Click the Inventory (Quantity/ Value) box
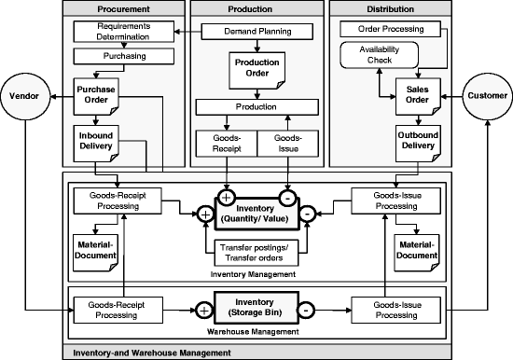(x=256, y=214)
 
